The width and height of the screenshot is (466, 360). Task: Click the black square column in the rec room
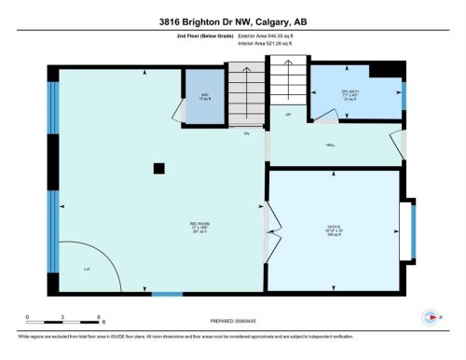coord(159,168)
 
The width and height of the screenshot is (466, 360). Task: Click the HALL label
coord(330,145)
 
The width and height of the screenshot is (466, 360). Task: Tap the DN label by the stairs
coord(247,135)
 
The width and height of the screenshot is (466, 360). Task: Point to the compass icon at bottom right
coord(430,317)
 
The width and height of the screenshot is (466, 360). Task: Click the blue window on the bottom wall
coord(167,295)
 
